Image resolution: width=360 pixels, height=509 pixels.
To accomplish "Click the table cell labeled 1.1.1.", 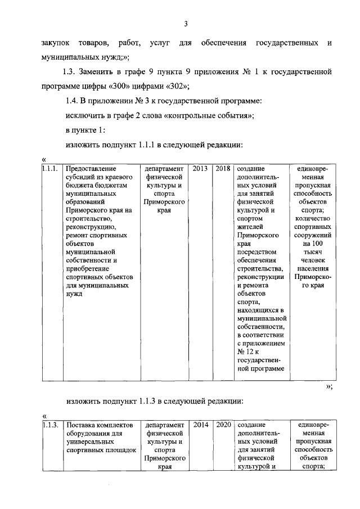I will click(x=51, y=168).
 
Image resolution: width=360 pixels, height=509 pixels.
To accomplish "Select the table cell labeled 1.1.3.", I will click(x=51, y=426).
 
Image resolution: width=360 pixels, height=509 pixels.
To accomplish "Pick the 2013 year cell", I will click(x=201, y=168).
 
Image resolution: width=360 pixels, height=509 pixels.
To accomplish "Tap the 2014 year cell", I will click(x=201, y=426).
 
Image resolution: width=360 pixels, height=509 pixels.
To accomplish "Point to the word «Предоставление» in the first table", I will click(x=91, y=168).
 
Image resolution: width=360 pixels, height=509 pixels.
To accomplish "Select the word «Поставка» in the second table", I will click(x=82, y=426).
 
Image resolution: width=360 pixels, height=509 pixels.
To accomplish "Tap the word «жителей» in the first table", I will click(x=250, y=227).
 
